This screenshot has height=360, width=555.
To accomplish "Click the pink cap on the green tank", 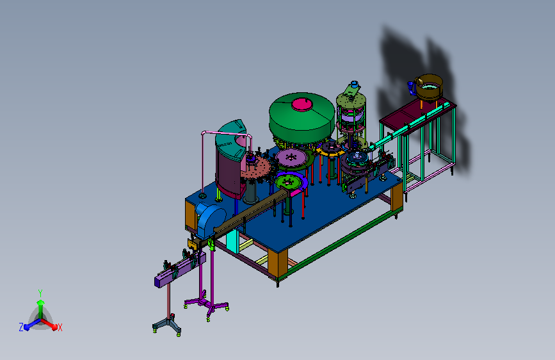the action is click(302, 104).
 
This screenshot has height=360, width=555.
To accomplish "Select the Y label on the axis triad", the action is click(40, 293).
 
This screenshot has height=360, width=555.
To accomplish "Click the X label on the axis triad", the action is click(60, 327).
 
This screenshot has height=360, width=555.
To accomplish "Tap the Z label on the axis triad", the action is click(21, 327).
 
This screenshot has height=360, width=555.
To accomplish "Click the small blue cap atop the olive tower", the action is click(354, 85).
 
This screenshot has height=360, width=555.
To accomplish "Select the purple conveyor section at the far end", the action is click(179, 271).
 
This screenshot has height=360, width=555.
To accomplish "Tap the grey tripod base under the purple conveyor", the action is click(167, 324).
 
